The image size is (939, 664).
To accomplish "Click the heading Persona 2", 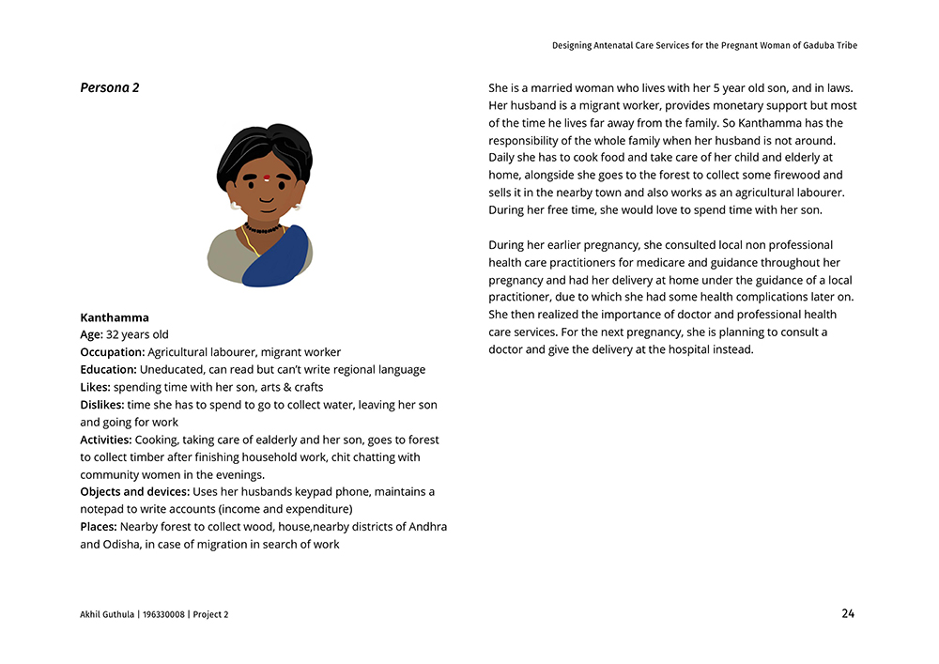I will pyautogui.click(x=110, y=87).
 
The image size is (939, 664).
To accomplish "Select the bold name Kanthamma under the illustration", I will pyautogui.click(x=115, y=317).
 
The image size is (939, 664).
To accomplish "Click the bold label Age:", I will pyautogui.click(x=92, y=334).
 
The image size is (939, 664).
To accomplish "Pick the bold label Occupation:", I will pyautogui.click(x=113, y=352).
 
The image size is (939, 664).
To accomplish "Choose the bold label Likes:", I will pyautogui.click(x=95, y=387).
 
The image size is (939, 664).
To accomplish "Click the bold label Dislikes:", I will pyautogui.click(x=102, y=405).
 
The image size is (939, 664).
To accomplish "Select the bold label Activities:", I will pyautogui.click(x=106, y=440).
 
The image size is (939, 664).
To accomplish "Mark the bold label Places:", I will pyautogui.click(x=99, y=527).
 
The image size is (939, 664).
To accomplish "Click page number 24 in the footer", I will pyautogui.click(x=848, y=614).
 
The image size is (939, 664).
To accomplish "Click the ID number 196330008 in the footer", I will pyautogui.click(x=162, y=615).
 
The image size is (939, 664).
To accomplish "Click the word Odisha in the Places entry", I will pyautogui.click(x=120, y=545).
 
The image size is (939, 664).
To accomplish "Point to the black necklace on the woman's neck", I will pyautogui.click(x=263, y=228).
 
